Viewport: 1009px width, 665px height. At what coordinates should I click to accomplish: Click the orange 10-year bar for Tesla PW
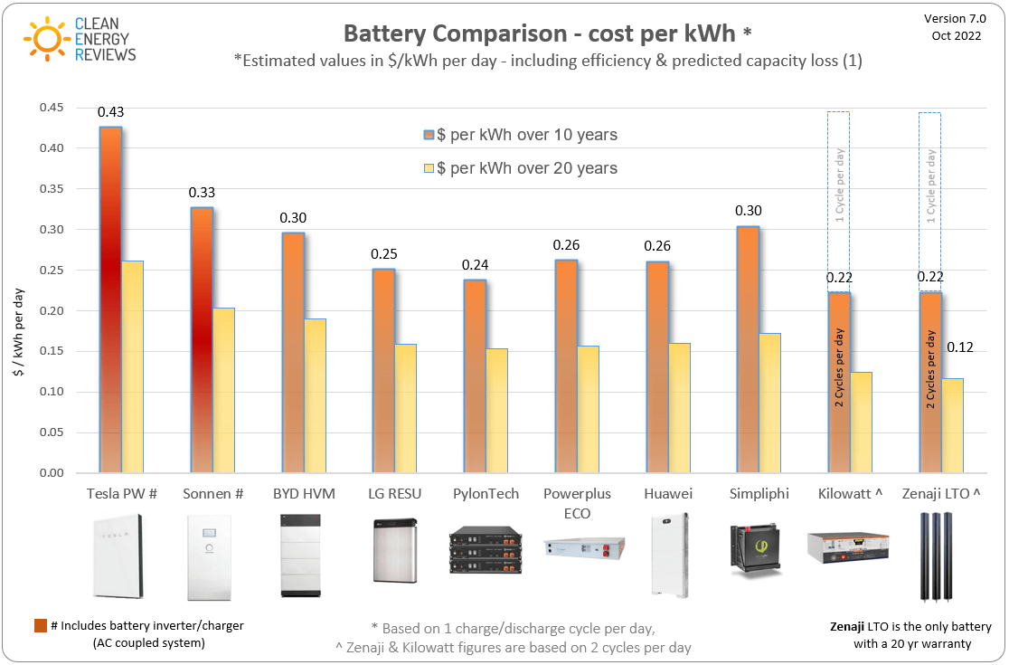110,299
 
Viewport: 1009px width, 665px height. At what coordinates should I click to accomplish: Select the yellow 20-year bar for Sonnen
223,390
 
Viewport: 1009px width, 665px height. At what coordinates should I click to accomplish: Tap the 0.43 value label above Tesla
110,112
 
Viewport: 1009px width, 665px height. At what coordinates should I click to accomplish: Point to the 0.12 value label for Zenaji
959,347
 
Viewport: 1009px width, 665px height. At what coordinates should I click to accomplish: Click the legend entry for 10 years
520,135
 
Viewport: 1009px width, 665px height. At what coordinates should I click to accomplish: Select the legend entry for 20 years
520,168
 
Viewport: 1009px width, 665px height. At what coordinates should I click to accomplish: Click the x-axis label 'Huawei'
668,494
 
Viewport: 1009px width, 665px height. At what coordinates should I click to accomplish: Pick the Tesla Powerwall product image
117,556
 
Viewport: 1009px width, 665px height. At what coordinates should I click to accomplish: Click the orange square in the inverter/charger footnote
40,626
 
